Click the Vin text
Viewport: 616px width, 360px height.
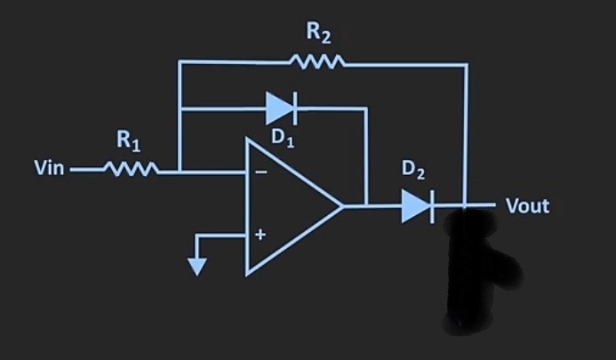[48, 169]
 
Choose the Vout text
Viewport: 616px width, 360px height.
[527, 207]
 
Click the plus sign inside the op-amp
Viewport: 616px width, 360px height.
[260, 236]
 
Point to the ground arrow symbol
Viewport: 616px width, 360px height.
[197, 265]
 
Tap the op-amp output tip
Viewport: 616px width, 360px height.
[342, 205]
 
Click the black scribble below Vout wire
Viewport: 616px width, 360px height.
[476, 267]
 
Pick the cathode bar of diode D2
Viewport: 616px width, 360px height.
[432, 206]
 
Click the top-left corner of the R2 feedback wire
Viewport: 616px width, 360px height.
[180, 63]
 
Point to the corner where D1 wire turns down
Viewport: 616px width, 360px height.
[365, 108]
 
